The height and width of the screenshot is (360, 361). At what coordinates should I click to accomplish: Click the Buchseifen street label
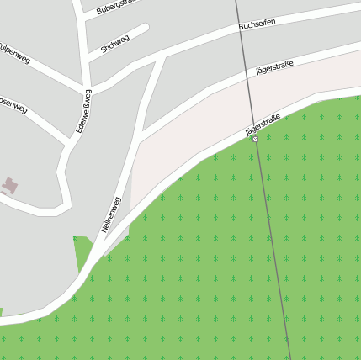pos(257,25)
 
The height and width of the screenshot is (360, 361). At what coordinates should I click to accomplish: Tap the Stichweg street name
pos(115,44)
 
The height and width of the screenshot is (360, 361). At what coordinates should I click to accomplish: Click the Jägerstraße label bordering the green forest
pos(263,124)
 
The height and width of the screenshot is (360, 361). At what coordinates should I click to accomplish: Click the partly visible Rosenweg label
pos(13,106)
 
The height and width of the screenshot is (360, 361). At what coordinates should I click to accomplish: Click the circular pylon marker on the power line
pos(255,139)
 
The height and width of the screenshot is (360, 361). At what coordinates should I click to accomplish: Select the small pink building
pos(9,185)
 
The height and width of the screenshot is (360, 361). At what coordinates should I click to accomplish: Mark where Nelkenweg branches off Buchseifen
pos(159,57)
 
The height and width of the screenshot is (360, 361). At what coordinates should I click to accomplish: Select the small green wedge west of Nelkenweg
pos(82,252)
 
